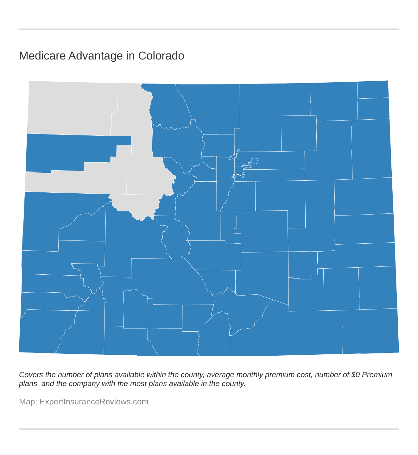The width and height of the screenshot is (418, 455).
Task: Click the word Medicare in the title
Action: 42,56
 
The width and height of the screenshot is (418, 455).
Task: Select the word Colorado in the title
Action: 161,56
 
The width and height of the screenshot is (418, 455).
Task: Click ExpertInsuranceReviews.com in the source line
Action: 94,402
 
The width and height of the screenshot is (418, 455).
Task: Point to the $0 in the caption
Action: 355,375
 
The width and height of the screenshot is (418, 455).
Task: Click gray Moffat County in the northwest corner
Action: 73,108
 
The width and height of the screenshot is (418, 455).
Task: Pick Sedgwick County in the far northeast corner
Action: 373,90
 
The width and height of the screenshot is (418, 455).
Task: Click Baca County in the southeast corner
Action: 370,331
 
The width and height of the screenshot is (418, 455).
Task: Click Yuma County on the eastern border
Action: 370,149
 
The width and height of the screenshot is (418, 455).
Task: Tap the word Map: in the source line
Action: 28,402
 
